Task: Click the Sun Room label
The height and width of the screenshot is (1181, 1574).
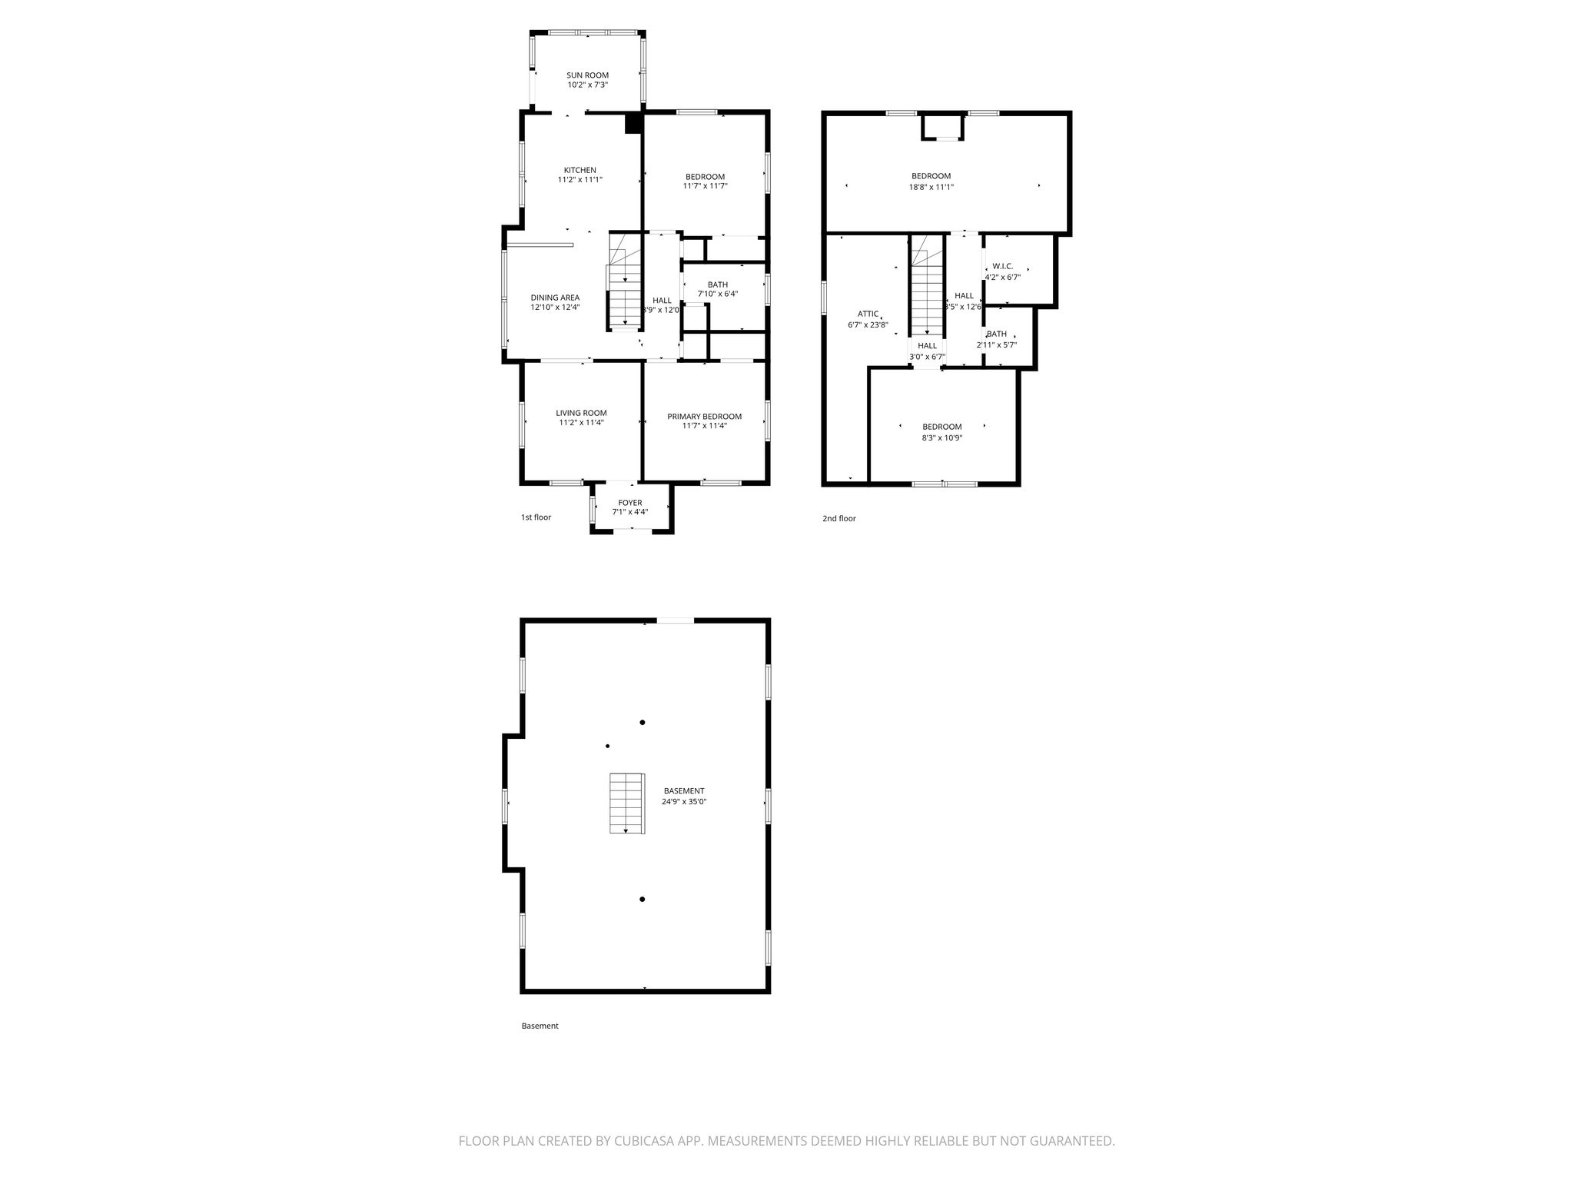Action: (588, 75)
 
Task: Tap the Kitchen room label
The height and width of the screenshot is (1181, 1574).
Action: (580, 170)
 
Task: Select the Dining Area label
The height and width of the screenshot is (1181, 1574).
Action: (555, 298)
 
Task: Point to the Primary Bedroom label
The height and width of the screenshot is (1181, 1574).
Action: (705, 417)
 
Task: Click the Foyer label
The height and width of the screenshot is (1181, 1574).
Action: (630, 503)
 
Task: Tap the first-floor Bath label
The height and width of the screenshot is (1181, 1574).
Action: (718, 284)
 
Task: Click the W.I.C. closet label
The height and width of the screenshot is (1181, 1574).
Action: (1003, 266)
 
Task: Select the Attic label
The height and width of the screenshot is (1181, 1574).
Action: (868, 314)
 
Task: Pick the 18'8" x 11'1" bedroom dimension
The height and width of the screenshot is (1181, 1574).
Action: (931, 187)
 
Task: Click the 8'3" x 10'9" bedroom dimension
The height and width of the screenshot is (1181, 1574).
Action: (942, 437)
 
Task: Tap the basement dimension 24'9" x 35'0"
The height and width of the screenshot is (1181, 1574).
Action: (684, 801)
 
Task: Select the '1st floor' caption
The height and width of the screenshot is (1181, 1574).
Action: (536, 517)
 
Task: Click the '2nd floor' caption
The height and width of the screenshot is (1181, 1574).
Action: (839, 518)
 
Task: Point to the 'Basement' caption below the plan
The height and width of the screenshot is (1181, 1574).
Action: (540, 1026)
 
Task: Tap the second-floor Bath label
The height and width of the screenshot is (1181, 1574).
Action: (997, 334)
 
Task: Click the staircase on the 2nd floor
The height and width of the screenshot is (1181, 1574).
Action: (928, 286)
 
